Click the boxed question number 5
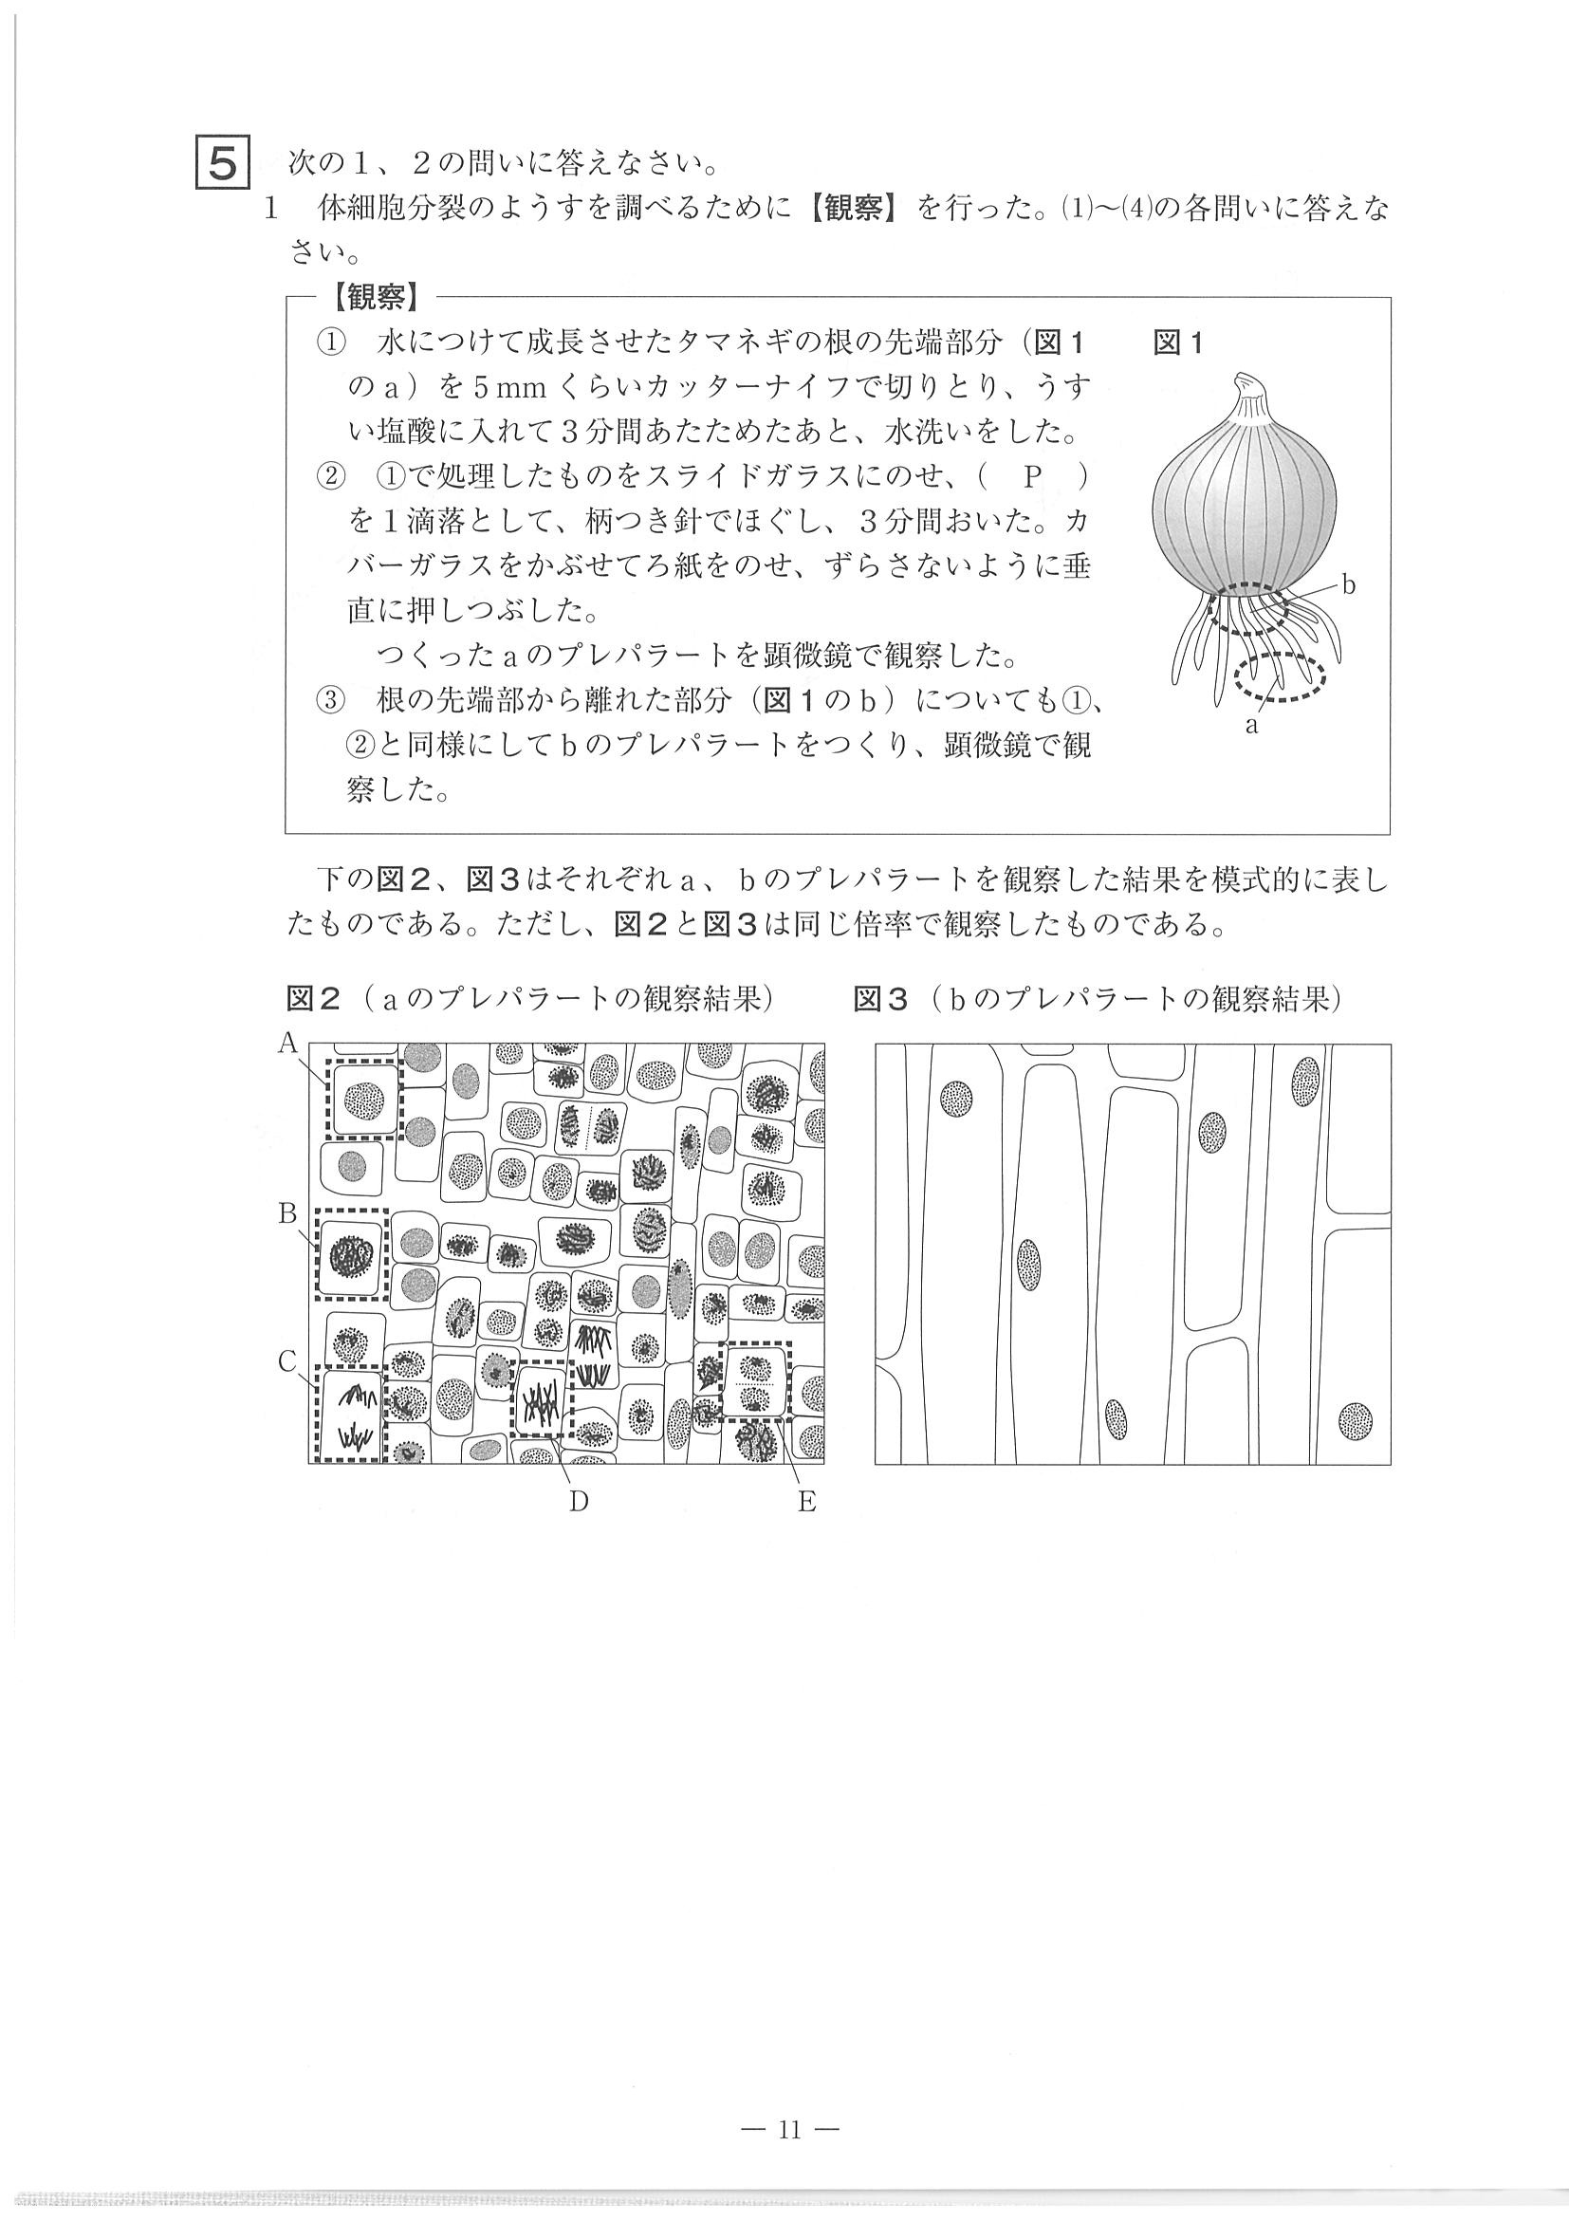[222, 163]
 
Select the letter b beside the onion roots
[1350, 586]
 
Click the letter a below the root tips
[1252, 726]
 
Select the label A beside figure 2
[287, 1042]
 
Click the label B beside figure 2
[287, 1212]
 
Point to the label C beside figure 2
[287, 1361]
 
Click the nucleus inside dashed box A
[364, 1099]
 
